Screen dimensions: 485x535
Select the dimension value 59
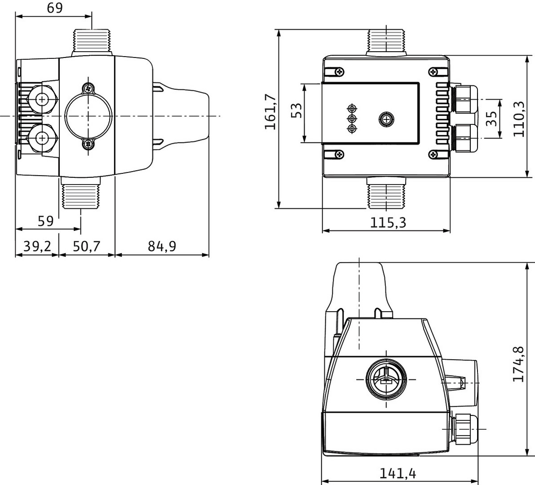(x=45, y=221)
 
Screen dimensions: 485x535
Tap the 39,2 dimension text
(x=37, y=246)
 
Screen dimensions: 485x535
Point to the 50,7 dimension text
(x=87, y=246)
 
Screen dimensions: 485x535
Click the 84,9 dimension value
(x=162, y=246)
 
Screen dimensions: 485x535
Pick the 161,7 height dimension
(x=270, y=113)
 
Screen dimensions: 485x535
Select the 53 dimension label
(x=296, y=110)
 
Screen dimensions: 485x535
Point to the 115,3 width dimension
(x=388, y=222)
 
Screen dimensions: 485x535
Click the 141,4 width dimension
(x=398, y=473)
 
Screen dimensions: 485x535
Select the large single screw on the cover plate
(x=385, y=119)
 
